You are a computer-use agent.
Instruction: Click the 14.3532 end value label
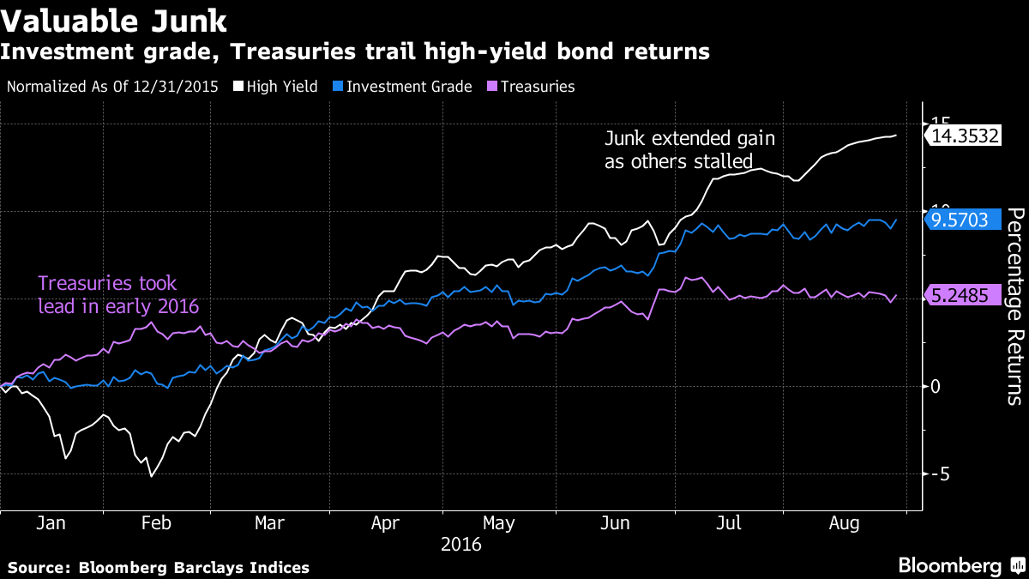tap(965, 136)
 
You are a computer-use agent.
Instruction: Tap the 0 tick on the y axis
tap(936, 386)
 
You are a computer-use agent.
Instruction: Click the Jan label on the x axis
tap(51, 523)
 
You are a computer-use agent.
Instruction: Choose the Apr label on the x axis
tap(385, 523)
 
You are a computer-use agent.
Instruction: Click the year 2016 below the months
tap(460, 545)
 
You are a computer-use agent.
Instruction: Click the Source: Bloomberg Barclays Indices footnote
tap(159, 567)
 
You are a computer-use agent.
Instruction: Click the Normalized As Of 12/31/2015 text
tap(112, 87)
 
